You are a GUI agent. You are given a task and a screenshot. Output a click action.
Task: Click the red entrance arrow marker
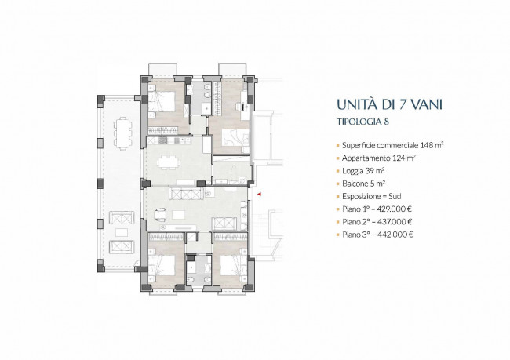260,195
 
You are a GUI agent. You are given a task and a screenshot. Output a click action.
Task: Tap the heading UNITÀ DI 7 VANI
389,105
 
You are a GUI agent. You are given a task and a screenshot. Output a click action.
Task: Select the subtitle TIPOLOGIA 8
362,122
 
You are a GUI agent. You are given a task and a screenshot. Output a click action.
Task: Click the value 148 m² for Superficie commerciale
432,145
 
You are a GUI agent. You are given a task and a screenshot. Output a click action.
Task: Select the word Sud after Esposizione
395,196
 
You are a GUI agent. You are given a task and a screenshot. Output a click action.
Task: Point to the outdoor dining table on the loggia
122,133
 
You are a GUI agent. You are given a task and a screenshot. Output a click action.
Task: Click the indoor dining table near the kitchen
168,162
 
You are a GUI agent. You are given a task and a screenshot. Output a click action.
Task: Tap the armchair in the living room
161,214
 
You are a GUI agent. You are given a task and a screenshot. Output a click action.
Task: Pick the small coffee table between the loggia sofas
122,232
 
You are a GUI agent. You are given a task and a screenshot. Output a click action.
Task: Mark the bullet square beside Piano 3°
338,235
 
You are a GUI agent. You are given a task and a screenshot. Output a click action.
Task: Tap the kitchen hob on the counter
162,140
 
